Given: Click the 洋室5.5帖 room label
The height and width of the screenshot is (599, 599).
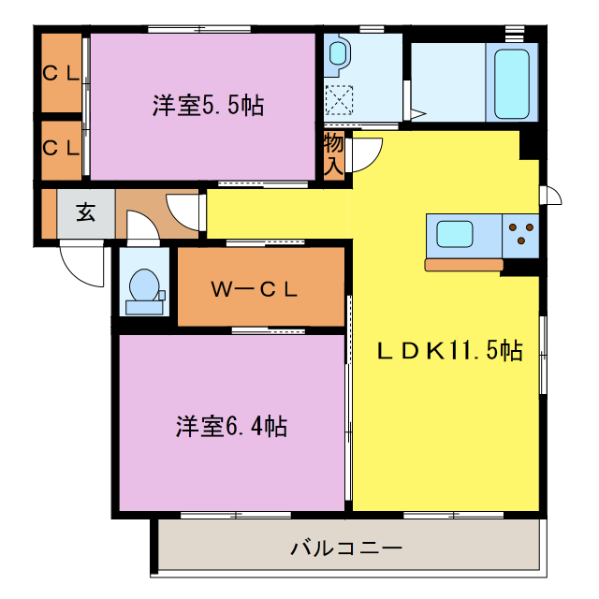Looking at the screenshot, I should tap(208, 106).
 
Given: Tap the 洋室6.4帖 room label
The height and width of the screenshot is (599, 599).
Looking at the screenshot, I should tap(230, 427).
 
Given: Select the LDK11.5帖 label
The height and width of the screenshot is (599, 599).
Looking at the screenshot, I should tap(449, 352).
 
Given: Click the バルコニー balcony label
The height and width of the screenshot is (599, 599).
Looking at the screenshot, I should tap(345, 548).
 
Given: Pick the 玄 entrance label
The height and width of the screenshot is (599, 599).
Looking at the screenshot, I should tap(85, 212).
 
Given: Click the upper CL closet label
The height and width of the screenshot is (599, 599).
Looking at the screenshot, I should tap(61, 73).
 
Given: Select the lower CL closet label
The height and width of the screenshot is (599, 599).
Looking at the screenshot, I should tap(61, 147).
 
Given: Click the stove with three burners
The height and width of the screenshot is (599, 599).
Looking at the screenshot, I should tap(522, 234).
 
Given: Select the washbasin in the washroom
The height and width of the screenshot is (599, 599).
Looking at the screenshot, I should tap(338, 55).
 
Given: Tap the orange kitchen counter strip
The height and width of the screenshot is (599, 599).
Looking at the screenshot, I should tap(463, 265).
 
